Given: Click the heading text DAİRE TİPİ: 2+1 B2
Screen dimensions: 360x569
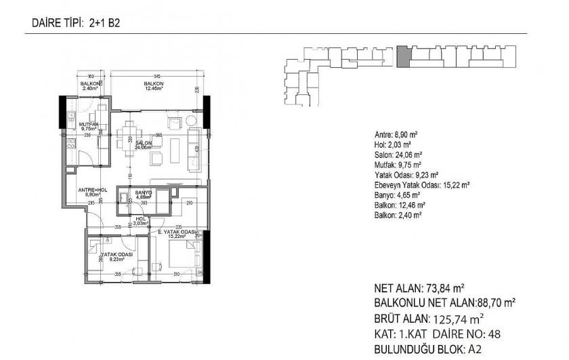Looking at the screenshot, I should click(75, 23).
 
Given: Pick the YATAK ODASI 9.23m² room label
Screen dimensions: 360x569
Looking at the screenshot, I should click(117, 256).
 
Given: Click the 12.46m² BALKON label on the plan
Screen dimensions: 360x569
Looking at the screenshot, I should click(153, 85).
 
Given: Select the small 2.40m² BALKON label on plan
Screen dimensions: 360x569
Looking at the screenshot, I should click(91, 85).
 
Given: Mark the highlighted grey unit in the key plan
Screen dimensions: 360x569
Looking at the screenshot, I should click(402, 56).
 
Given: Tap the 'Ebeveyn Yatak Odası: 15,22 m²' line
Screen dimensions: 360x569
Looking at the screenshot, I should click(422, 184).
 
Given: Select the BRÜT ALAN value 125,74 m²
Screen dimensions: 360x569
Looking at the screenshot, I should click(457, 318).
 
